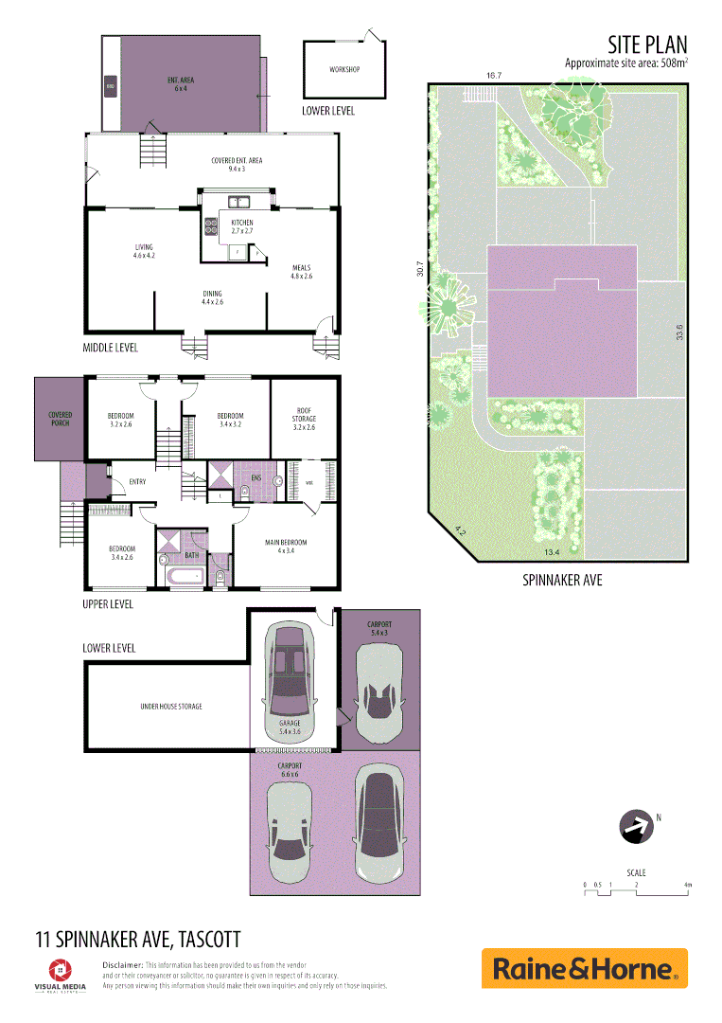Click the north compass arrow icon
pos(636,827)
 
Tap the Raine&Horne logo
pos(584,968)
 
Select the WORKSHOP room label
pos(343,70)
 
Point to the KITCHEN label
pos(242,223)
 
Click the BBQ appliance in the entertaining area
pos(111,87)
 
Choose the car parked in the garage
pos(289,671)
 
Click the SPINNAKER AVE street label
pos(562,580)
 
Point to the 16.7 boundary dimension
pos(492,75)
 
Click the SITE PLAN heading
pos(647,44)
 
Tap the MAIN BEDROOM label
pos(286,543)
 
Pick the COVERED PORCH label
pos(61,418)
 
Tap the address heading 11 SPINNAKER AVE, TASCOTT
pos(138,939)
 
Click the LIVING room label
pos(144,248)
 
